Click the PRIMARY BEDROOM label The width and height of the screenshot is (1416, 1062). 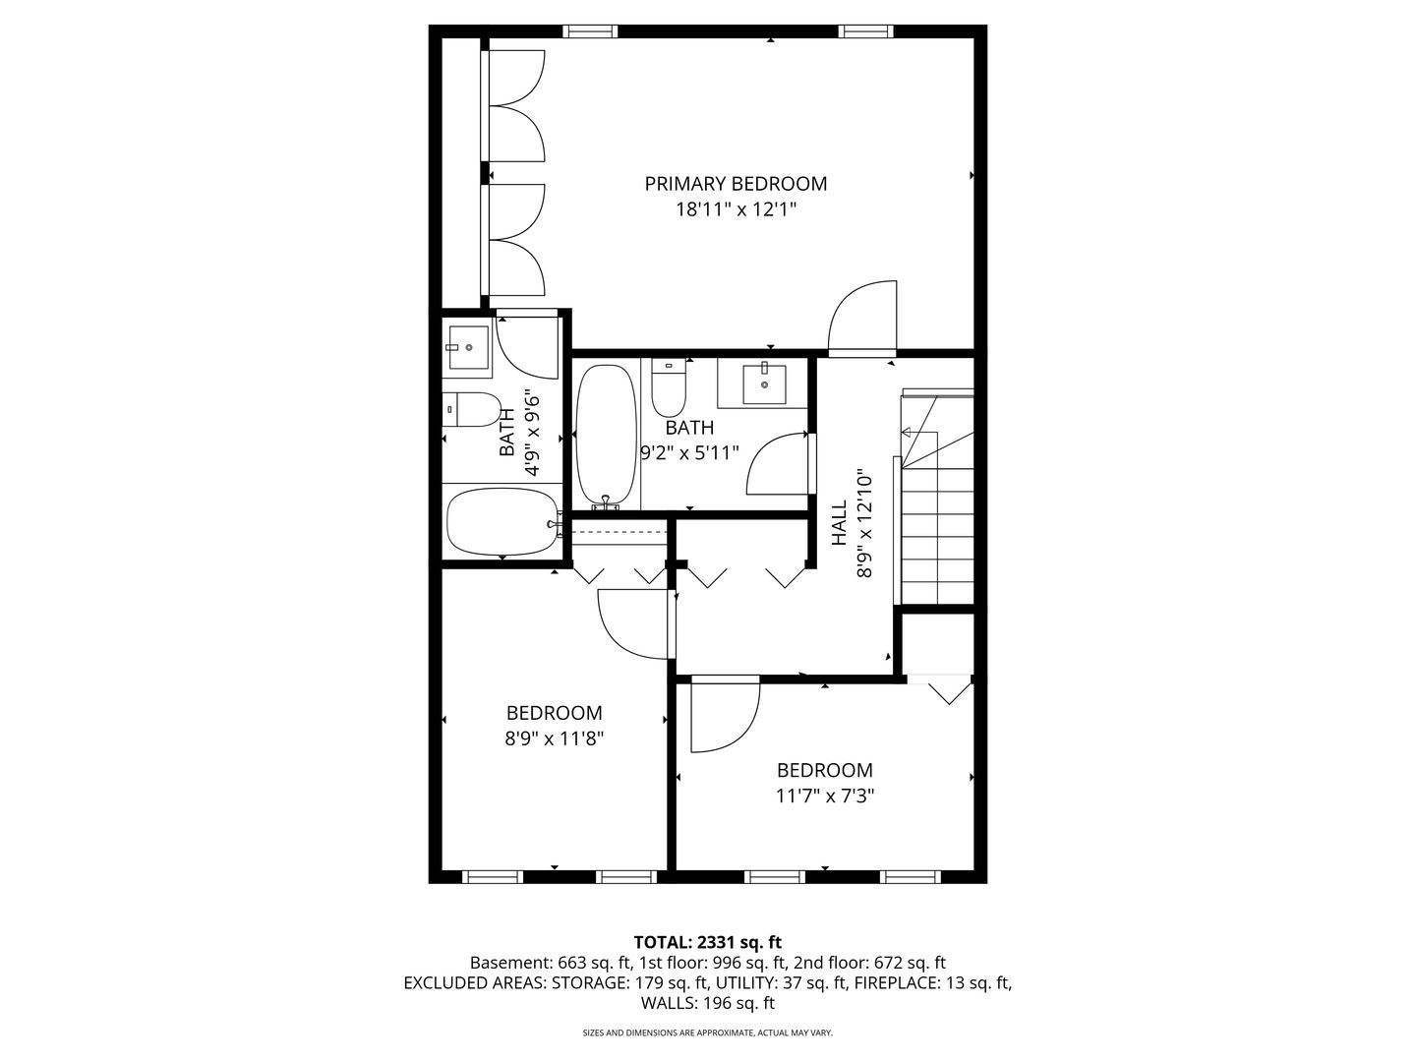pos(736,184)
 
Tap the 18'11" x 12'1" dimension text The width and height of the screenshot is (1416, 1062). pos(736,209)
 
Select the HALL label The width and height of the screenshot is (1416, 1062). pos(839,522)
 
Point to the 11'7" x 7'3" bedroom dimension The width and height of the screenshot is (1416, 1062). pos(824,796)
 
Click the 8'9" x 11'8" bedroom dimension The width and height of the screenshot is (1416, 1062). pos(555,738)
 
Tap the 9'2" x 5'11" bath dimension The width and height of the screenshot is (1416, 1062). pos(689,452)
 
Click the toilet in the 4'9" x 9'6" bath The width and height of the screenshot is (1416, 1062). pos(472,409)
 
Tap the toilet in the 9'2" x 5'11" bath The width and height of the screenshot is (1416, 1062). pos(669,388)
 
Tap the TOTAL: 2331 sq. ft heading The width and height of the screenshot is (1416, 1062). pos(708,943)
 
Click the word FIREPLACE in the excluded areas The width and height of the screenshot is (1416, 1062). pos(898,982)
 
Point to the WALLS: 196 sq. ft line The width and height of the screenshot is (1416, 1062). pos(708,1003)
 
